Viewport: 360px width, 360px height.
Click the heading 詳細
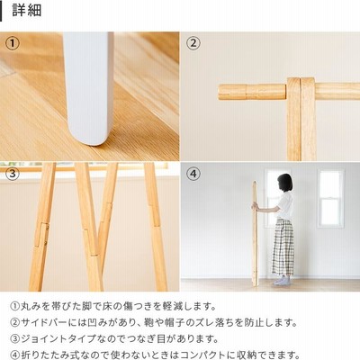coord(27,11)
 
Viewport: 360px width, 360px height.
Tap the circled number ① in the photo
coord(13,43)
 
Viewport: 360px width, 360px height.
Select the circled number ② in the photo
coord(193,43)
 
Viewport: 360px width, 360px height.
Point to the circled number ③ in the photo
coord(13,174)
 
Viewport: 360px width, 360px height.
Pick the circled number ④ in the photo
coord(193,174)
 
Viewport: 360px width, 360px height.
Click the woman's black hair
coord(284,182)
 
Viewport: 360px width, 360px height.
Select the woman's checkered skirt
coord(283,247)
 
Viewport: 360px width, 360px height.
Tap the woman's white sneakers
coord(282,281)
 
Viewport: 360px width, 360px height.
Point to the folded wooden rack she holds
coord(255,233)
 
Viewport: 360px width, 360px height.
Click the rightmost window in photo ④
coord(331,198)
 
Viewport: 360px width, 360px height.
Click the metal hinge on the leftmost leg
coord(45,235)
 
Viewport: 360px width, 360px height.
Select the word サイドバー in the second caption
coord(44,322)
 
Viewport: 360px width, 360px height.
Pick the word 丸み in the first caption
coord(30,306)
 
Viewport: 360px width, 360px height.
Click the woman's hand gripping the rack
coord(255,206)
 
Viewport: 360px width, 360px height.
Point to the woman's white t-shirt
coord(284,206)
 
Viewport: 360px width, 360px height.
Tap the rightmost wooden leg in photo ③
coord(155,227)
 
